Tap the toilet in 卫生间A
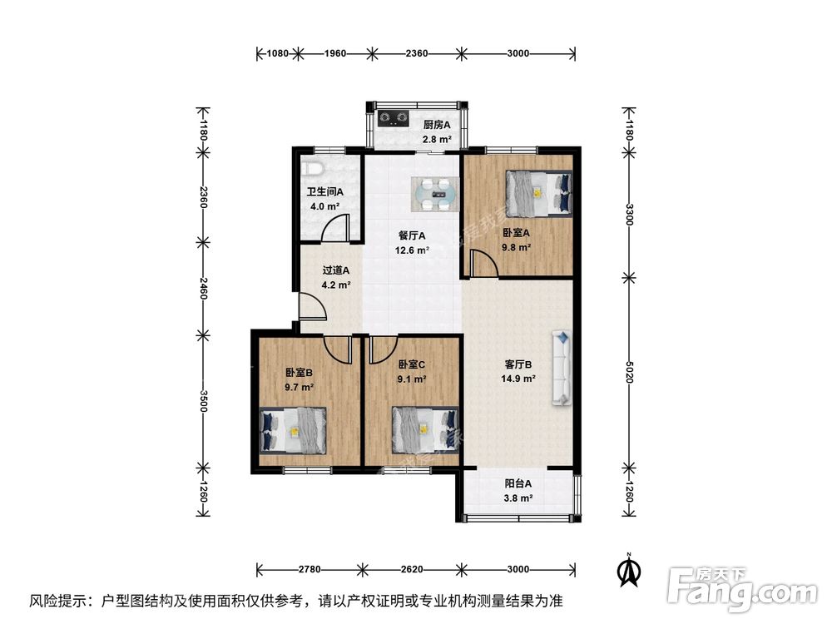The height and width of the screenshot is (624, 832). tap(313, 166)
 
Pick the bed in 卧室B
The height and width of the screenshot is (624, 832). tap(294, 429)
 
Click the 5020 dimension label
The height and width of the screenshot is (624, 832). tap(630, 377)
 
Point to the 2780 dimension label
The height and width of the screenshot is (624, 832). tap(310, 570)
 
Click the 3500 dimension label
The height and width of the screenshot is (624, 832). tap(202, 399)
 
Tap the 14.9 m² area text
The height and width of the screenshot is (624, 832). tap(518, 378)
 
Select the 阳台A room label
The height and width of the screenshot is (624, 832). tap(518, 483)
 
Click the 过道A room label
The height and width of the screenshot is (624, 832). tap(336, 270)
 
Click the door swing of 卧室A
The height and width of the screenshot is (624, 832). tap(483, 265)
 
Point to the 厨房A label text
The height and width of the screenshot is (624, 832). tap(436, 125)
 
